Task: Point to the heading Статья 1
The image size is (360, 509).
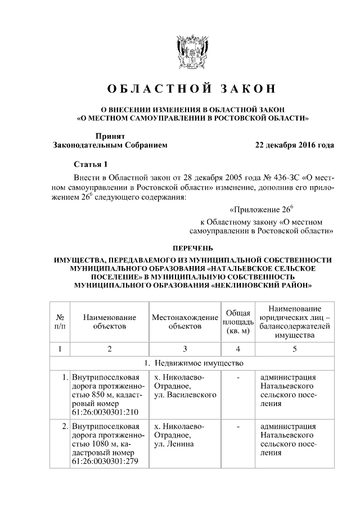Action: click(90, 164)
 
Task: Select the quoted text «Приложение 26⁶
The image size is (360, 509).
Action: click(262, 210)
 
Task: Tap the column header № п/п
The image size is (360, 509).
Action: click(60, 321)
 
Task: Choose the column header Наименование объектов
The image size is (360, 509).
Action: click(110, 321)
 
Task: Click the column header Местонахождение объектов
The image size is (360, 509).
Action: click(184, 321)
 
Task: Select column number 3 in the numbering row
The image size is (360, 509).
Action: click(184, 349)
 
